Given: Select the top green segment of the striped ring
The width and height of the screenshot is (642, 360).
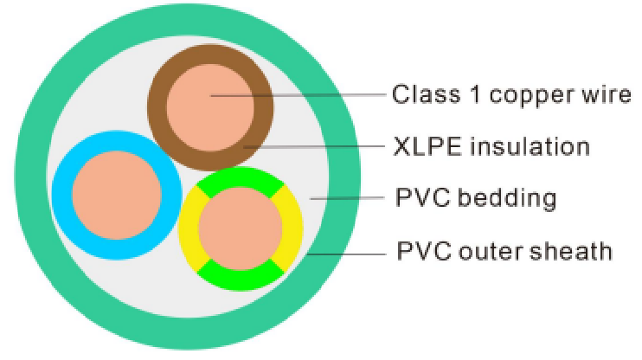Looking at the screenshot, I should pyautogui.click(x=240, y=180).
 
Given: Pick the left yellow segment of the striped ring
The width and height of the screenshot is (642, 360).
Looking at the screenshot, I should pyautogui.click(x=189, y=229).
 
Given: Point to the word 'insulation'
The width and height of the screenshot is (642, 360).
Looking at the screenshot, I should pyautogui.click(x=528, y=146).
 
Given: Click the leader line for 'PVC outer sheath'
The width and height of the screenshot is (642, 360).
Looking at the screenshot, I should pyautogui.click(x=346, y=254).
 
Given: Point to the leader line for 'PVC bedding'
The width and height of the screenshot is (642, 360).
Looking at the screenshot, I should pyautogui.click(x=346, y=199).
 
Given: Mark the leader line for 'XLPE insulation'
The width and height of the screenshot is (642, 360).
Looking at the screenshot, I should pyautogui.click(x=320, y=146).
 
